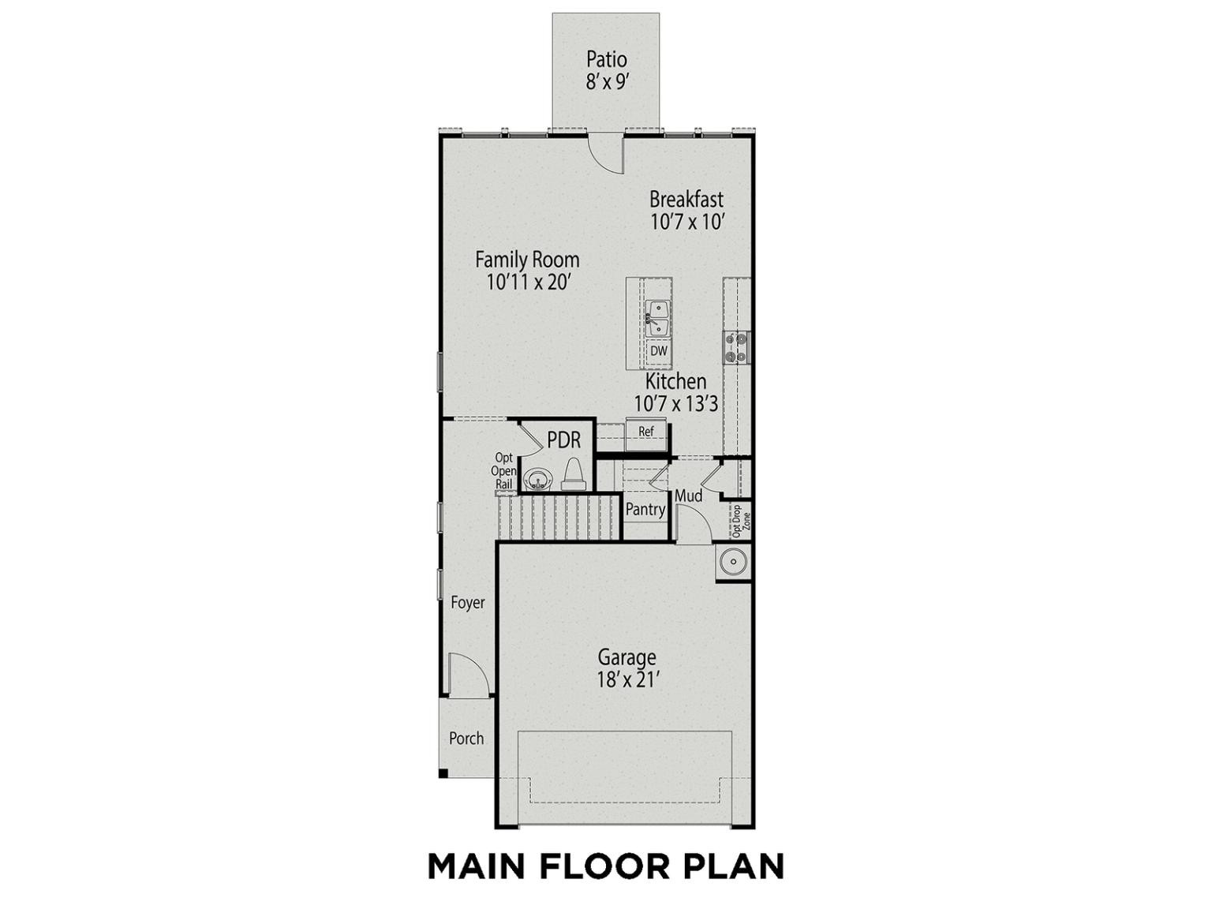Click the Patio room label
click(x=607, y=58)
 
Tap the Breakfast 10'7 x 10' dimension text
click(x=687, y=222)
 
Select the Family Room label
click(x=527, y=260)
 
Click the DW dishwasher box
click(x=659, y=350)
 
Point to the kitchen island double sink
click(x=658, y=319)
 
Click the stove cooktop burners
click(x=737, y=348)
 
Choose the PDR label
click(x=564, y=440)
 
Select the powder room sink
click(x=537, y=478)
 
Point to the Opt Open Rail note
click(x=503, y=471)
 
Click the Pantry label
click(x=645, y=510)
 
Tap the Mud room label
click(x=689, y=496)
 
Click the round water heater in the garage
click(x=733, y=563)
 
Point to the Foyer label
click(x=468, y=603)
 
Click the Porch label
click(x=466, y=738)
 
